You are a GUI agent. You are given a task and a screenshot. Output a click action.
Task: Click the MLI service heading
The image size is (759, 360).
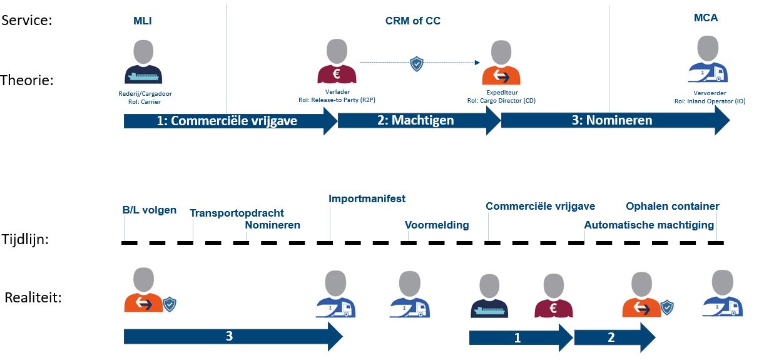click(x=142, y=21)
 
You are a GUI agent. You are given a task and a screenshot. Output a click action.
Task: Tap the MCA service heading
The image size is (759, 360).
click(x=705, y=18)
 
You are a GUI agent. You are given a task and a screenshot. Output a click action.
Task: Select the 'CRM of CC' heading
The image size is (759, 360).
click(x=413, y=21)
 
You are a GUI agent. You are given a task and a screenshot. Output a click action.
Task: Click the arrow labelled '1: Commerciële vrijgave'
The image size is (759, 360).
click(x=231, y=121)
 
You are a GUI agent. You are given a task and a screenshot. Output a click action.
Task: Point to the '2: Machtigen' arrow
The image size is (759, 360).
click(x=419, y=120)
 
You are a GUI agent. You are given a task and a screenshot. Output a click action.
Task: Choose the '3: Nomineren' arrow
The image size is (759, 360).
click(x=615, y=120)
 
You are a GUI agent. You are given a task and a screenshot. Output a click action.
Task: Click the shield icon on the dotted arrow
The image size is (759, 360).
click(x=417, y=64)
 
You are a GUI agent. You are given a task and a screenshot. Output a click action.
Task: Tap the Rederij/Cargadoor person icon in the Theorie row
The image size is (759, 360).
click(x=143, y=62)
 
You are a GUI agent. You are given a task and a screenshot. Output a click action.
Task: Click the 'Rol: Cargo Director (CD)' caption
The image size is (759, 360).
click(x=501, y=101)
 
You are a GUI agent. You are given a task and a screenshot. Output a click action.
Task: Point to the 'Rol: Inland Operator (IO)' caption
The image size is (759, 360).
click(x=710, y=101)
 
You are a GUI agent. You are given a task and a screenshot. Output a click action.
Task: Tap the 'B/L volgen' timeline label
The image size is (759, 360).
click(x=149, y=210)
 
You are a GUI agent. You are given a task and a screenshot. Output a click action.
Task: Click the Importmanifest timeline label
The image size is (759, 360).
click(x=367, y=198)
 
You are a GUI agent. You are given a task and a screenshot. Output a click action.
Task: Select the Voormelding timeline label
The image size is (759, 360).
click(x=437, y=225)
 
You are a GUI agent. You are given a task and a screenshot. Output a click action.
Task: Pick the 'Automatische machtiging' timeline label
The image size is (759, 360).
click(x=649, y=225)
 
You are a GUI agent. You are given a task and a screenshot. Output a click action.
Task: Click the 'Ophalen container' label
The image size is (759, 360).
click(x=672, y=207)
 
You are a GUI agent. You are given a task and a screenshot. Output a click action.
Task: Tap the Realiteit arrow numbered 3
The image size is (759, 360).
click(x=233, y=337)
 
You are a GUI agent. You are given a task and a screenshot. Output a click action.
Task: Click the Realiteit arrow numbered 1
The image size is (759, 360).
click(x=521, y=338)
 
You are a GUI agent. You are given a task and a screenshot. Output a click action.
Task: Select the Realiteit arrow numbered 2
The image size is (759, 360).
click(x=614, y=337)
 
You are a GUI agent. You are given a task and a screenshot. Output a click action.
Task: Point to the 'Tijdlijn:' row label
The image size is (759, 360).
click(x=25, y=240)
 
